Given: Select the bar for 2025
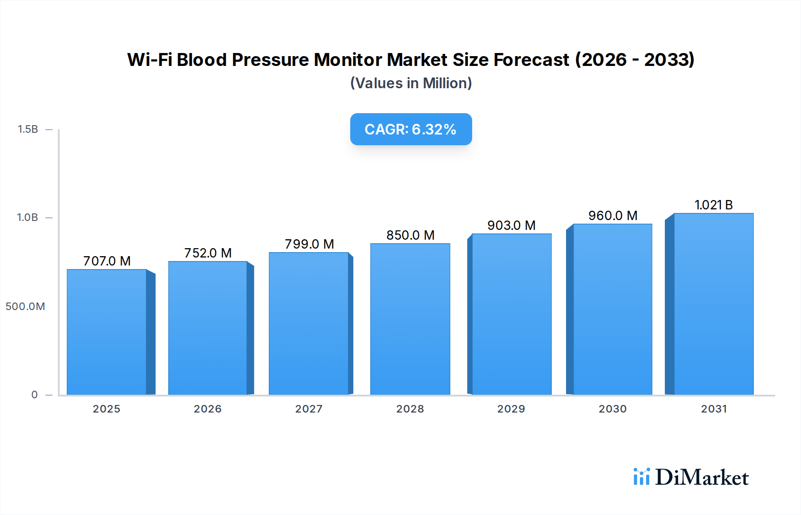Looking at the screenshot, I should click(107, 332).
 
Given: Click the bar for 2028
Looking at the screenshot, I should click(410, 319).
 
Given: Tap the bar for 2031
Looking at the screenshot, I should click(714, 304).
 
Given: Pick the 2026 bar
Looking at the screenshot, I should click(207, 328).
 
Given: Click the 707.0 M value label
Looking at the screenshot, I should click(107, 261).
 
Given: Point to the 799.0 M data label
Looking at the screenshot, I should click(309, 244).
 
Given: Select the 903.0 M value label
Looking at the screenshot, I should click(511, 225).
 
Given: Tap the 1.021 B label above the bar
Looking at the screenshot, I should click(713, 205).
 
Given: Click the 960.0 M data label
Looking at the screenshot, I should click(613, 216).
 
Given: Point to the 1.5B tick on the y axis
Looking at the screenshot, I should click(28, 129).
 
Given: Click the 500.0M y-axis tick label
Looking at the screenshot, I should click(25, 307).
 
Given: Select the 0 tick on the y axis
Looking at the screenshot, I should click(34, 395).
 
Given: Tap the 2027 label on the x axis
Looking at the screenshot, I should click(309, 409).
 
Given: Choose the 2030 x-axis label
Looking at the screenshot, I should click(612, 409).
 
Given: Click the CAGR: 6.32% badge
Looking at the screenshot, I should click(411, 129).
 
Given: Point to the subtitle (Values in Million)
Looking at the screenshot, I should click(411, 83).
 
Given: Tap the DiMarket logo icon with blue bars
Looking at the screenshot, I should click(641, 477).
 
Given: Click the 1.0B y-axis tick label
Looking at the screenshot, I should click(28, 217).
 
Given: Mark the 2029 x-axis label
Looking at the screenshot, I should click(511, 409).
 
